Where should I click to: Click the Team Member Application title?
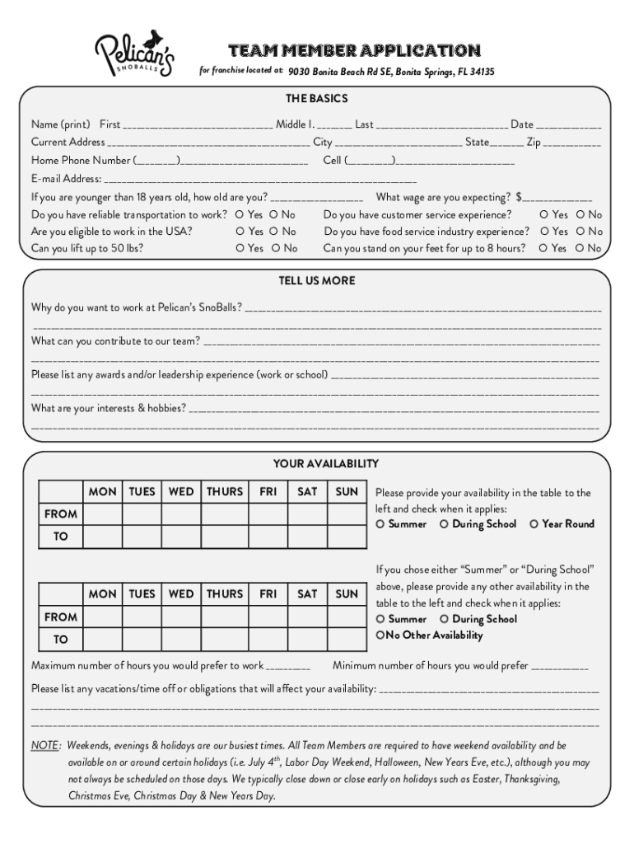[353, 50]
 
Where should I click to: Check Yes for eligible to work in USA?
[240, 232]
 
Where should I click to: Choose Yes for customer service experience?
[544, 215]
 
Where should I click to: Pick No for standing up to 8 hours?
[580, 248]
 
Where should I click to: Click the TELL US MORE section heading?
[317, 281]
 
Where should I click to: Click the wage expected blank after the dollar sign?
[557, 199]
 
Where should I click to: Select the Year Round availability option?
[534, 524]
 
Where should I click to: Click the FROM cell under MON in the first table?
[103, 514]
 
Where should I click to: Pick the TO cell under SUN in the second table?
[347, 640]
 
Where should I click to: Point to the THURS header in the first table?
[225, 492]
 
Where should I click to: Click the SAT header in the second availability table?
[307, 594]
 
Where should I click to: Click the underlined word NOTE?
[45, 745]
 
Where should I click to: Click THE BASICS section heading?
[317, 99]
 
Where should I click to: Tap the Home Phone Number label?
[81, 161]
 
